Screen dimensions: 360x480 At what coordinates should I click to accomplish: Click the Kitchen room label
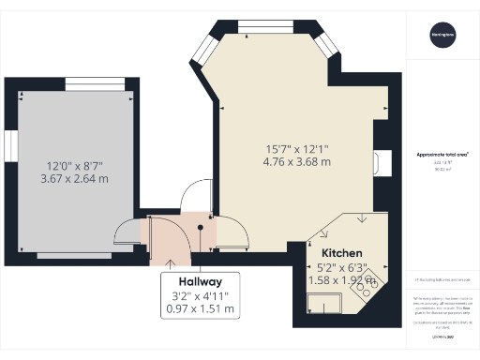[341, 254]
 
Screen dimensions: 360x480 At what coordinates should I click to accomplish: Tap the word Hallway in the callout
[196, 281]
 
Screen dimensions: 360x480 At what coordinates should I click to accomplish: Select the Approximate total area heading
[442, 155]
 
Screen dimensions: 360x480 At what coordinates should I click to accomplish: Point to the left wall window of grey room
[12, 146]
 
